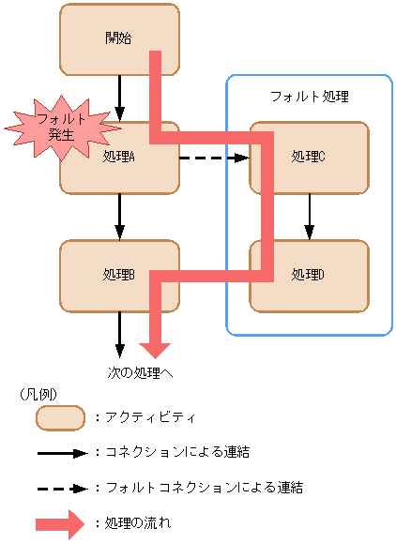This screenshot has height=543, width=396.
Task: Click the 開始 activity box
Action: coord(103,39)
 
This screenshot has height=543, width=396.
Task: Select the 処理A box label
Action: coord(120,157)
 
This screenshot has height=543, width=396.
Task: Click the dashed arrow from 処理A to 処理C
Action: coord(213,158)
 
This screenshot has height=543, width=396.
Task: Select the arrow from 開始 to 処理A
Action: coord(119,98)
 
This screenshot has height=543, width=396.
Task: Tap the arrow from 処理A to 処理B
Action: coord(119,216)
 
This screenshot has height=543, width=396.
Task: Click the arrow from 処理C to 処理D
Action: coord(309,216)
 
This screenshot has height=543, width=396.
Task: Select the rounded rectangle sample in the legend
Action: coord(60,417)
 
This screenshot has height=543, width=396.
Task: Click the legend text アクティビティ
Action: coord(150,417)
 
